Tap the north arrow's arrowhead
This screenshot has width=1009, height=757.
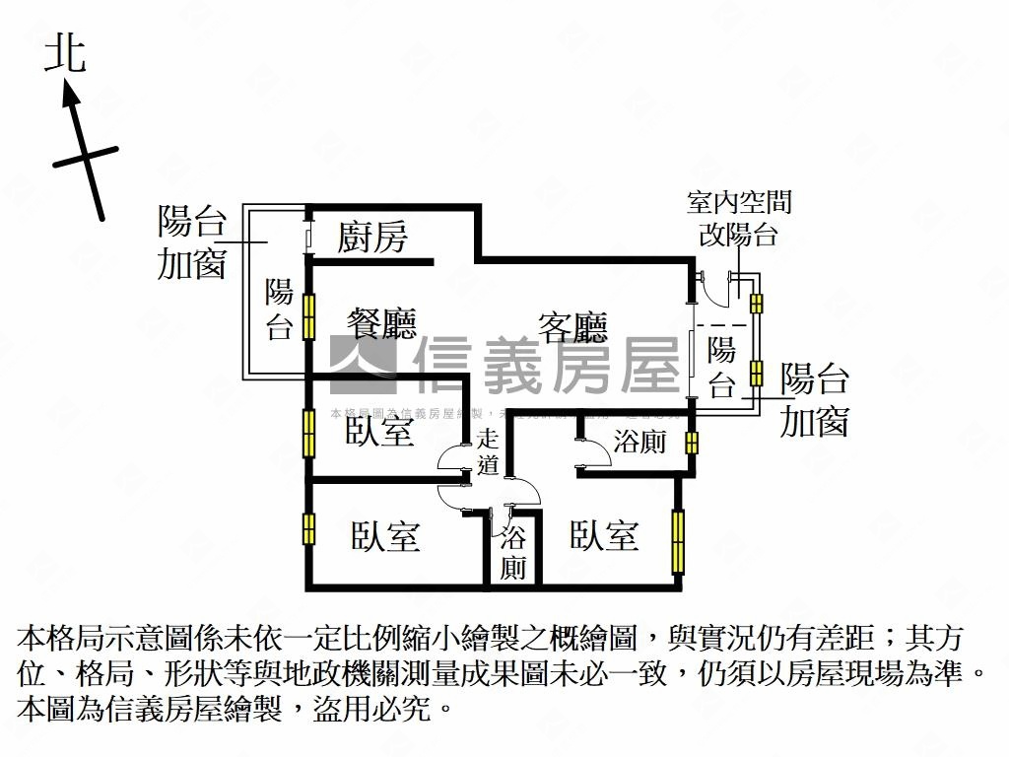pos(70,94)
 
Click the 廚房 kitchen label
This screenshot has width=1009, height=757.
pos(371,237)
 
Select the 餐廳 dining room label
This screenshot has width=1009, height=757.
pos(381,323)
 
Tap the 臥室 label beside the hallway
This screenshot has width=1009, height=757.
pos(379,431)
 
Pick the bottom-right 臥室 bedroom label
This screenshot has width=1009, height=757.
pos(604,535)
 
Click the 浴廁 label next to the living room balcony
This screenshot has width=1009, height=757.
pos(639,442)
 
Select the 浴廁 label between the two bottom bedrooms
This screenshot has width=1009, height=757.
pos(512,553)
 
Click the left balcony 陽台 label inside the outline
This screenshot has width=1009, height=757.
pos(280,310)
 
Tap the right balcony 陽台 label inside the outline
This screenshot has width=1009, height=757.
pos(722,367)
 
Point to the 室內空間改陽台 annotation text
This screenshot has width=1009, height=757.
pos(739,219)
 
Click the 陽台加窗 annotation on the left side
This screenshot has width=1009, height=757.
pos(192,242)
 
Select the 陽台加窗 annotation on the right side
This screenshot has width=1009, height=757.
pos(814,400)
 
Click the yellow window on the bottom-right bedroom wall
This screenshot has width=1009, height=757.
pos(678,541)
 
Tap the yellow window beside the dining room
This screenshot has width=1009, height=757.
pos(308,317)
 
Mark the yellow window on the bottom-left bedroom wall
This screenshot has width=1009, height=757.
pos(308,529)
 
